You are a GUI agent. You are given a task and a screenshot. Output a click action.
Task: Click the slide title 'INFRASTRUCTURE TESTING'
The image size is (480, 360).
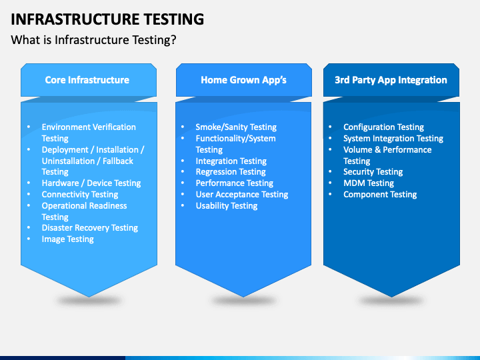point(107,19)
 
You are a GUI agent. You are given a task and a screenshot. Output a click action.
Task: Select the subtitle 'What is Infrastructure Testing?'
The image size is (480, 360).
point(93,40)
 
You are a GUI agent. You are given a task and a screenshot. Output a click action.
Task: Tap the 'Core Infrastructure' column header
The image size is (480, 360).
point(87,80)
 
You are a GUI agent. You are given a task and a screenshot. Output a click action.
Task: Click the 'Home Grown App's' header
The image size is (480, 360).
point(244,80)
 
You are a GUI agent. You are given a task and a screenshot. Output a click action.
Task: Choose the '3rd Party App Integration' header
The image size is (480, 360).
point(391,80)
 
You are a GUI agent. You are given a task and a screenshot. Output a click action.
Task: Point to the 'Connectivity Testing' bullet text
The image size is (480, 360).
point(80,195)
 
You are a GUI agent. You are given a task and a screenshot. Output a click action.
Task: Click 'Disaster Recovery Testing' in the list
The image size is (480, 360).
point(90,228)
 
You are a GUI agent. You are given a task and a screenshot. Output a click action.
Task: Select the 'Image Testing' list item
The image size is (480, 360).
point(67,239)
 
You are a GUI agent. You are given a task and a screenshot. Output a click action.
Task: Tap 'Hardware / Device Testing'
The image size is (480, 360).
point(91,183)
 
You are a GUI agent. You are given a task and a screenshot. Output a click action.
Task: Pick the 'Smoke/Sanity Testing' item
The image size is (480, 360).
point(236,127)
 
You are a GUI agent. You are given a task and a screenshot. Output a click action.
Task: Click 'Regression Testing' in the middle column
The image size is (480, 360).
point(231,172)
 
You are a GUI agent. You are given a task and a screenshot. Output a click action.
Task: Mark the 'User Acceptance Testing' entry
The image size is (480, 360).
point(242,195)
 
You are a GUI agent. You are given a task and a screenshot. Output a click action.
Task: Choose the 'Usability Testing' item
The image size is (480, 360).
point(227,206)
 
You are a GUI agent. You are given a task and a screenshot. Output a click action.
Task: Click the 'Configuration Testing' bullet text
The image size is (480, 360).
point(383,127)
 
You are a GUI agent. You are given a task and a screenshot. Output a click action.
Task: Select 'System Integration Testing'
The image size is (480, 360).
point(393,139)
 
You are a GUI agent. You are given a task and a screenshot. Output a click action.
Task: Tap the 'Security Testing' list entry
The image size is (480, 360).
point(373,172)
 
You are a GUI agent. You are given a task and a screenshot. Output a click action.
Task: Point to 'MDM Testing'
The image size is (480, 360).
point(369,183)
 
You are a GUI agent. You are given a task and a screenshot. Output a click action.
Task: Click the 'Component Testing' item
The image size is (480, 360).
point(380,195)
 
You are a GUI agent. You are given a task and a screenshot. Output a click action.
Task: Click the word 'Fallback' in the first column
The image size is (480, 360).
point(118,161)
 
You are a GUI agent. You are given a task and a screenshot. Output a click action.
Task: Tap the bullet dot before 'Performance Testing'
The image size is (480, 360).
point(183,183)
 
